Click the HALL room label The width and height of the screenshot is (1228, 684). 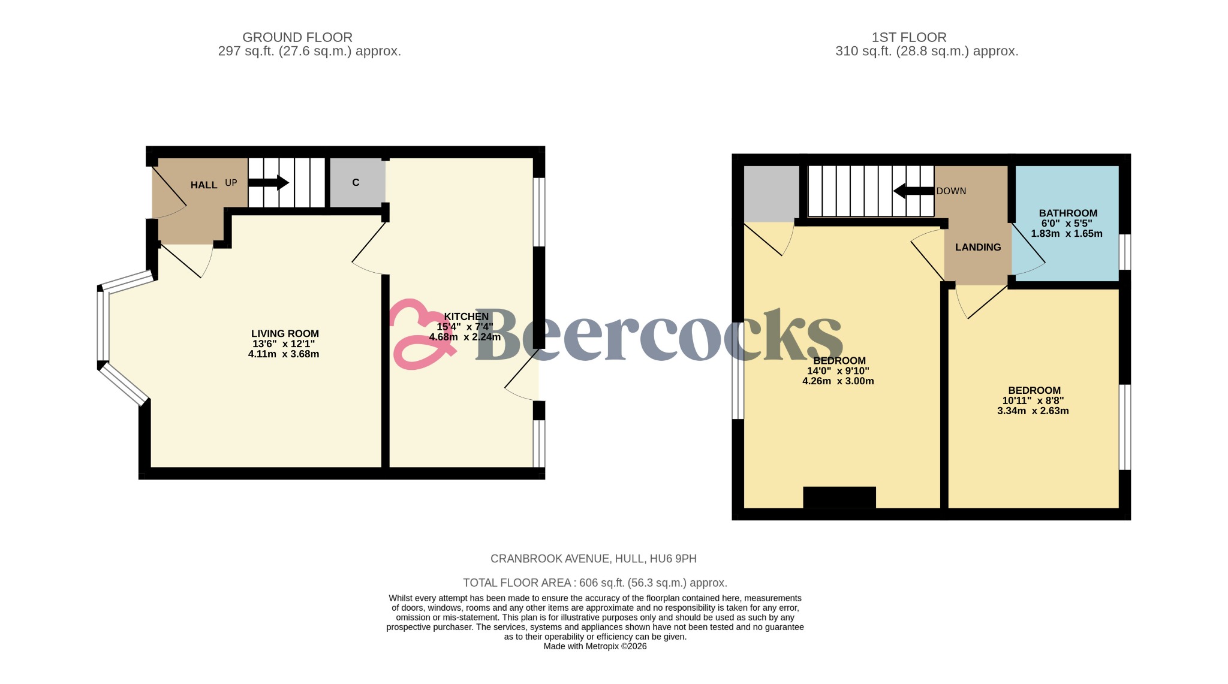coord(204,185)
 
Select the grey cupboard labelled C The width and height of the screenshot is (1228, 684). coord(356,183)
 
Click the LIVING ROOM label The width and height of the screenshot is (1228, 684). coord(285,333)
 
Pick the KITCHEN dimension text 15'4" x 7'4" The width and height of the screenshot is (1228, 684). coord(465,327)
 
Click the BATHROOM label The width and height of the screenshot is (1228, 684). coord(1068,213)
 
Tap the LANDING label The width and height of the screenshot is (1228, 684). coord(978,247)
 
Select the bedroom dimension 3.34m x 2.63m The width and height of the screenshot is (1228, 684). coord(1033,411)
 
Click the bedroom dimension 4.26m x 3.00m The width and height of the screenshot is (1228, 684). coord(838,381)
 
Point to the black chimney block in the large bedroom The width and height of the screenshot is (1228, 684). coord(839,497)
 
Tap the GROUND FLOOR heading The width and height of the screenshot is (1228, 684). coord(297,37)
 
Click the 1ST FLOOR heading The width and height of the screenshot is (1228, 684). coord(909,37)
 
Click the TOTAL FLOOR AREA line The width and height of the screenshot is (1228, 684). coord(595,583)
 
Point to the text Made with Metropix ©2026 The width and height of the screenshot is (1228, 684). coord(595,646)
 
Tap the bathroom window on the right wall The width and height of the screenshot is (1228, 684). coord(1125,252)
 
